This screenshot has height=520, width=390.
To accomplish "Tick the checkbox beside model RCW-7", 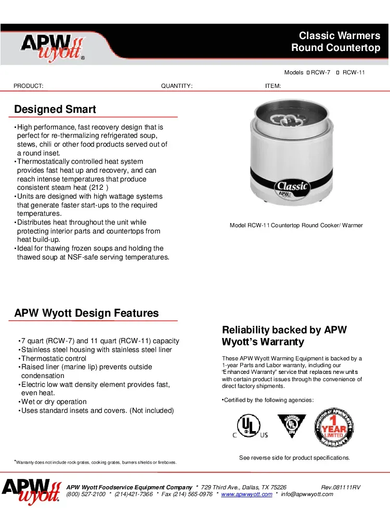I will (x=308, y=73).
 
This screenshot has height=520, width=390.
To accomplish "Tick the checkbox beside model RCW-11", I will (x=338, y=73).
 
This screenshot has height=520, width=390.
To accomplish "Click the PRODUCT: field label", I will (x=28, y=86).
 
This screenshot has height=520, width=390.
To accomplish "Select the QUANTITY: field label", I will (x=177, y=86).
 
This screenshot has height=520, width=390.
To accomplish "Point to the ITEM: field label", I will (x=273, y=86).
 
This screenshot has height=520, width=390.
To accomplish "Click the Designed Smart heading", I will (x=55, y=109).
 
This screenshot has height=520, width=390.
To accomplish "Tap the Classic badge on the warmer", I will (x=292, y=186).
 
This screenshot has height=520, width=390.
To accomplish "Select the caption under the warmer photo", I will (x=296, y=225).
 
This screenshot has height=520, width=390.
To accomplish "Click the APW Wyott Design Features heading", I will (x=86, y=313).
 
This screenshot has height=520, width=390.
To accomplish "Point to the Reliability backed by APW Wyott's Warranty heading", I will (x=284, y=336).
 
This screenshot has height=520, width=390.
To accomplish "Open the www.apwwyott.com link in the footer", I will (x=246, y=494).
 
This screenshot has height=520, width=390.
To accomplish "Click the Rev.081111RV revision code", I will (x=341, y=487).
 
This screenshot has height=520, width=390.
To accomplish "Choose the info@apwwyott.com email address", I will (x=307, y=494).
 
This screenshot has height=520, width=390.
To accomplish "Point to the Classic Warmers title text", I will (x=340, y=36).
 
